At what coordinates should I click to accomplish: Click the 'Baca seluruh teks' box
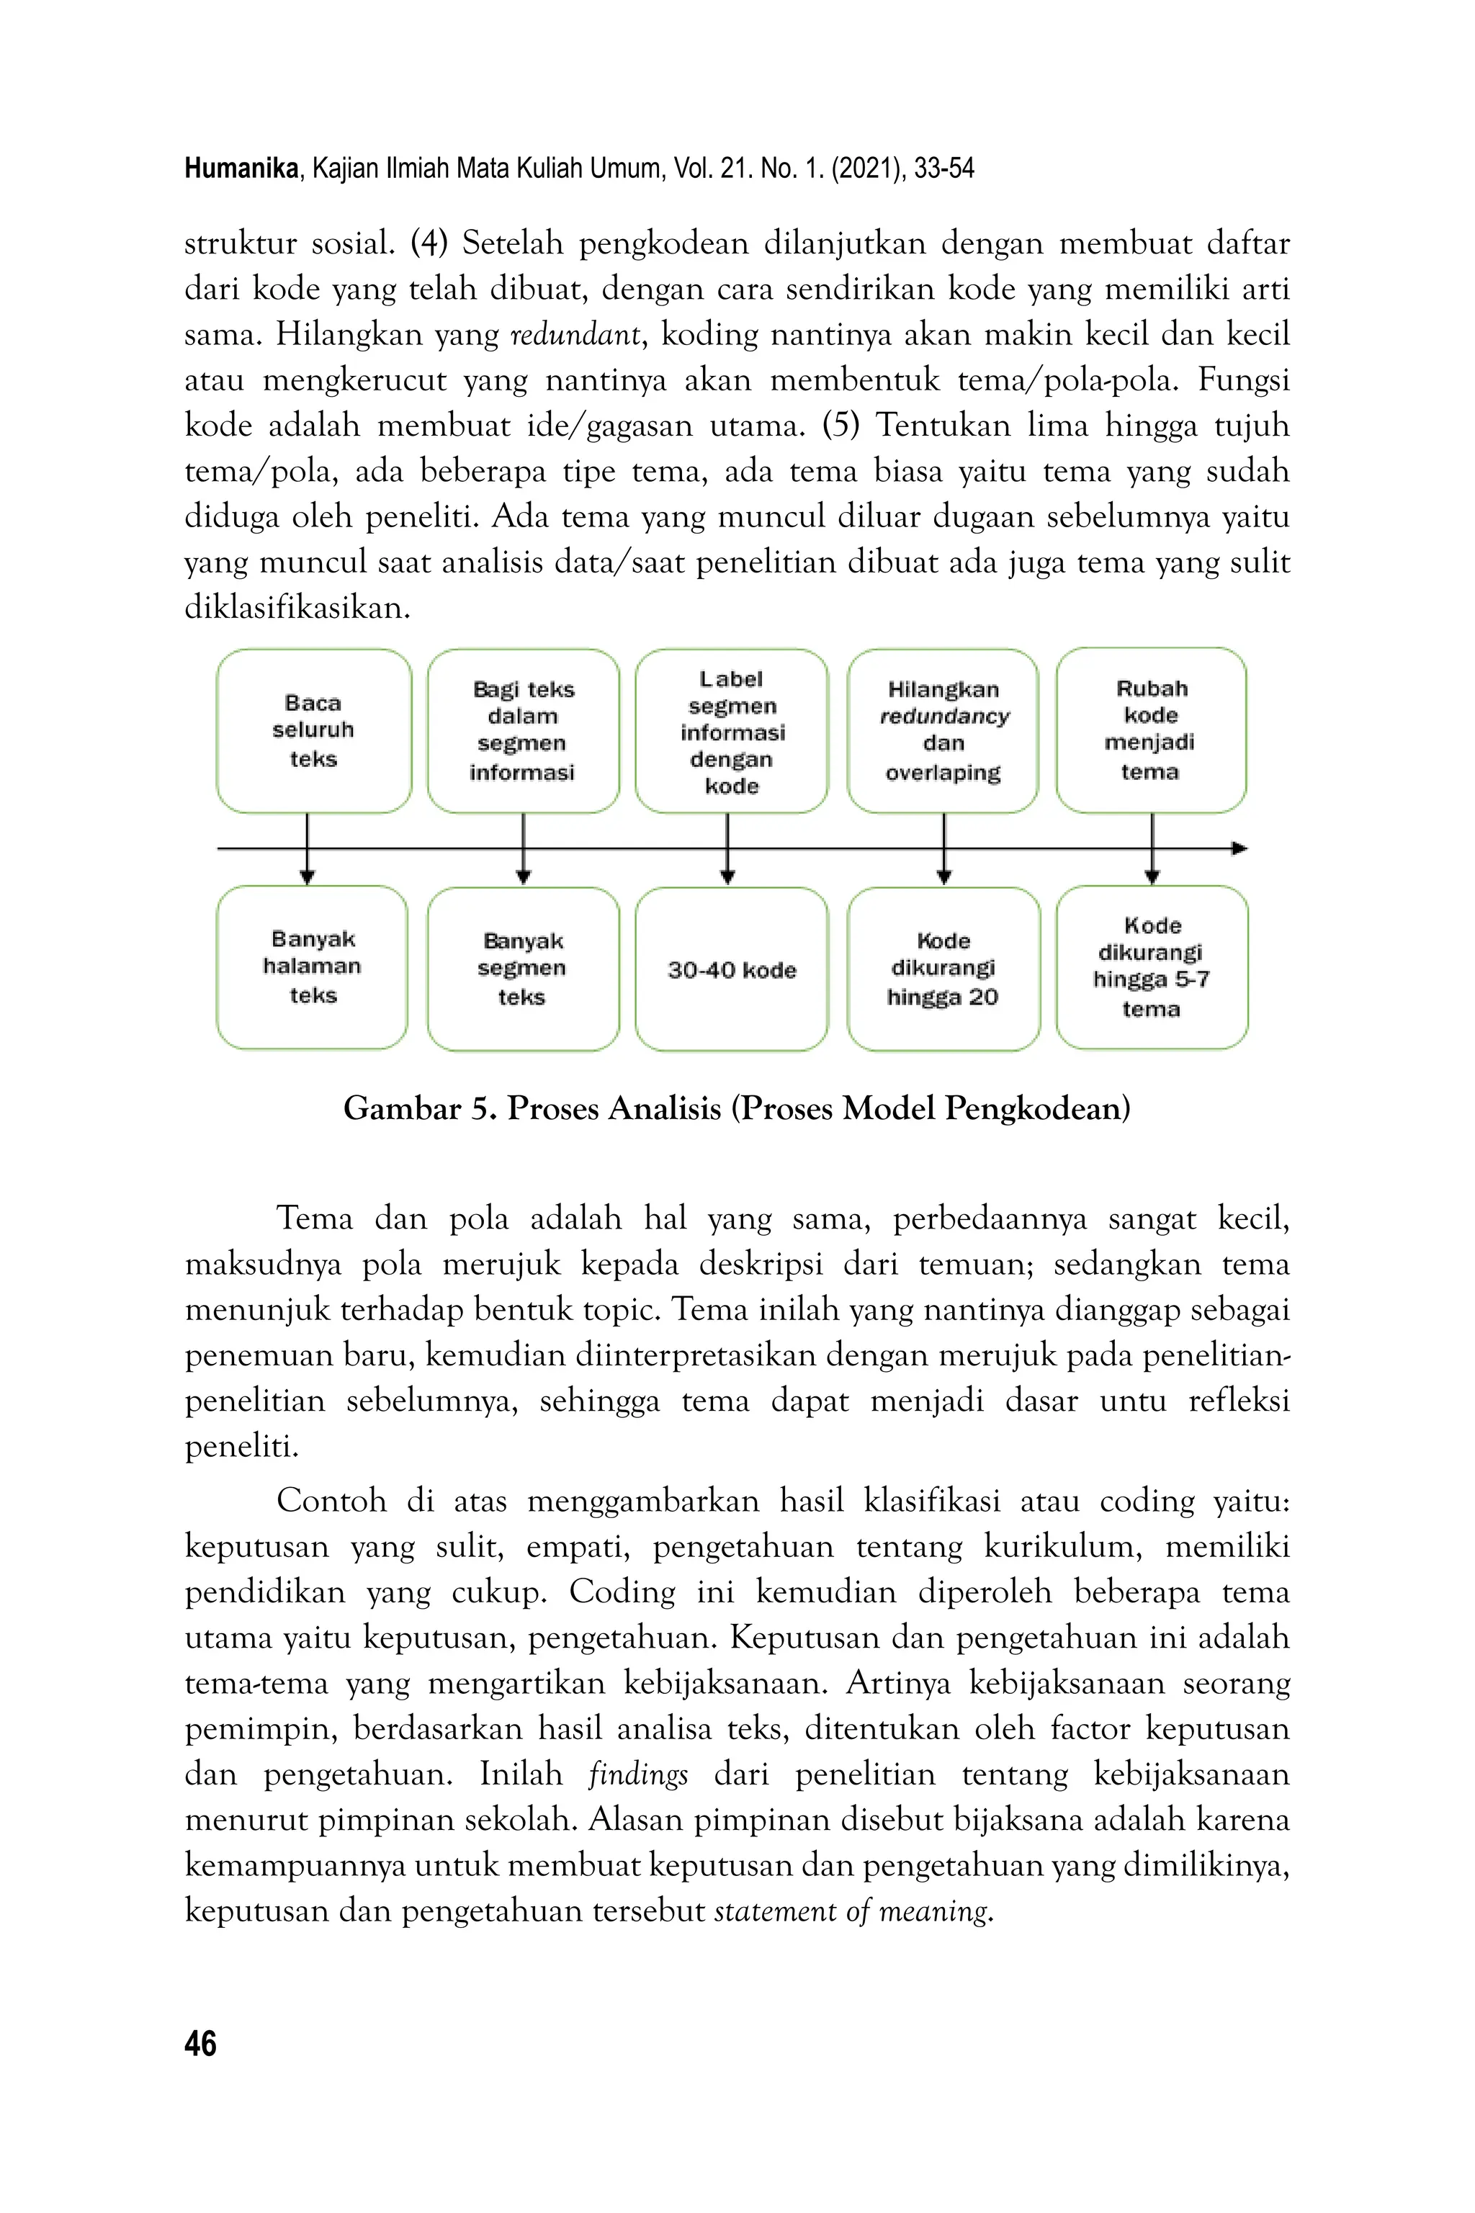[313, 731]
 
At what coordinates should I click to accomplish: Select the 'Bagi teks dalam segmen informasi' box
[523, 731]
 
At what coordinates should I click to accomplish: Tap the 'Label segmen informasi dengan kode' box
[732, 731]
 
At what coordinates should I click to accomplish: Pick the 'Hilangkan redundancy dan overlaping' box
[943, 731]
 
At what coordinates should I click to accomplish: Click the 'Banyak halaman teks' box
[313, 967]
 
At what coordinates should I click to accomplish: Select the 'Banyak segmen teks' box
[523, 969]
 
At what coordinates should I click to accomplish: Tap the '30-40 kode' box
[732, 969]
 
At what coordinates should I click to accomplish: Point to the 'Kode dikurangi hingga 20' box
[943, 969]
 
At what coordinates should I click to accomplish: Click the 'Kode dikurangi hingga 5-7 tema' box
[1152, 967]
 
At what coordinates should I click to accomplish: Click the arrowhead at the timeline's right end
[1239, 848]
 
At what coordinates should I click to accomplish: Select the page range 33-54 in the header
[943, 169]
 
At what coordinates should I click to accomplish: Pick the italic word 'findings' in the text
[638, 1774]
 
